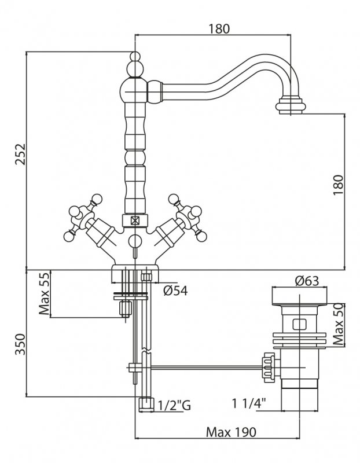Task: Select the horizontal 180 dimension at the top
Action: [219, 28]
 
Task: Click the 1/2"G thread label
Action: [174, 406]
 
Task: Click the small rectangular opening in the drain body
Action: [300, 325]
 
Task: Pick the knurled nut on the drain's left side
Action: [268, 366]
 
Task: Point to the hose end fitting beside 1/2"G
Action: [146, 404]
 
